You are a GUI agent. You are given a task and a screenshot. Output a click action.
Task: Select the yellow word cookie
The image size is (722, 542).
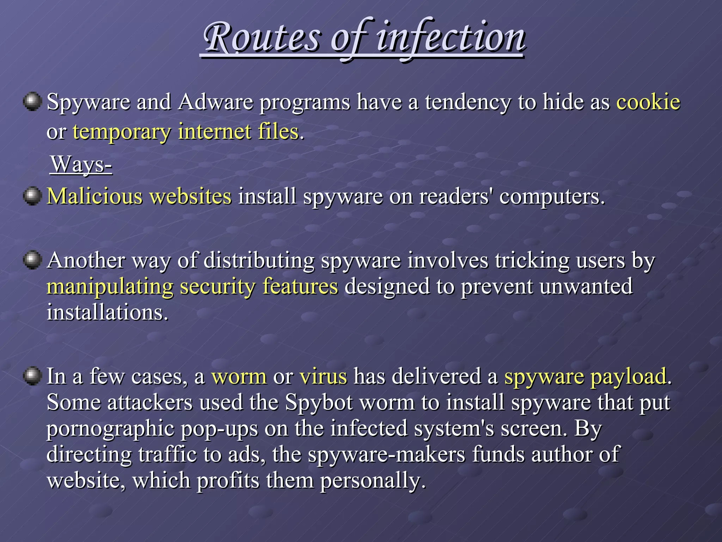point(648,102)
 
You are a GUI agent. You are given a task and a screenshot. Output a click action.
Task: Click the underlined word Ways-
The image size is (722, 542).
point(81,164)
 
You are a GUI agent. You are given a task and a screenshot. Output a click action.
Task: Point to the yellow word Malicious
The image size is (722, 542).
point(94,196)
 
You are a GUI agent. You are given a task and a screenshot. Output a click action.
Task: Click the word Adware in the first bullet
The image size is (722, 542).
point(215,102)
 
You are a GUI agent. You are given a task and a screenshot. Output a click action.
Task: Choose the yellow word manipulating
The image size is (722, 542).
point(110,287)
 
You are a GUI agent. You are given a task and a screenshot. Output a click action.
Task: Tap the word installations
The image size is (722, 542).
point(107,313)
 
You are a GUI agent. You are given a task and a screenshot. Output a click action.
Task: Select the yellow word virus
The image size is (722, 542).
point(323,376)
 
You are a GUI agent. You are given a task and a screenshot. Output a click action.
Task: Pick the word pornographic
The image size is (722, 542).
point(110,428)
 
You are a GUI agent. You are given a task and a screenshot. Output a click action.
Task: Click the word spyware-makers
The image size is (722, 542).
point(386,454)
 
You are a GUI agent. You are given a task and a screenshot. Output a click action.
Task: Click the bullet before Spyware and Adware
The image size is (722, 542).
point(32,102)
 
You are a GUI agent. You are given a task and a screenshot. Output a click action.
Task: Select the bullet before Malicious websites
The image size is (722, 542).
point(32,195)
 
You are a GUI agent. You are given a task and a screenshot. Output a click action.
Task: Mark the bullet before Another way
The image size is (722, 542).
point(32,260)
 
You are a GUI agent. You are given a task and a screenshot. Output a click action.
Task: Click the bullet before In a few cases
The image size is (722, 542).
point(32,376)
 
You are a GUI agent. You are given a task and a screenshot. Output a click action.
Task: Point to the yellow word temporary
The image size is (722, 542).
point(121,132)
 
